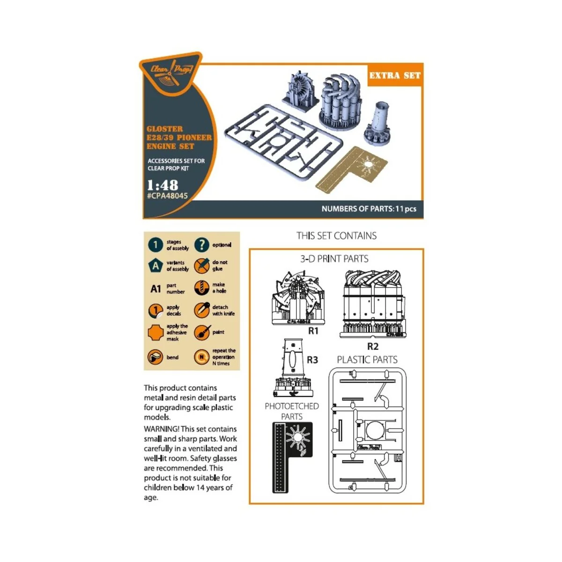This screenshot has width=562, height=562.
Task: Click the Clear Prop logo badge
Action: (x=170, y=73)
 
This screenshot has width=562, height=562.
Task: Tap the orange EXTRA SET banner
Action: (x=395, y=75)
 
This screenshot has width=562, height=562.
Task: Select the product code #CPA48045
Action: (x=167, y=196)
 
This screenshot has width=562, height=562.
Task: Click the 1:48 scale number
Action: (x=162, y=185)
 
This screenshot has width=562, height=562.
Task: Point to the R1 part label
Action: (x=313, y=331)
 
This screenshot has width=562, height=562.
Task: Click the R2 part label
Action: (x=372, y=347)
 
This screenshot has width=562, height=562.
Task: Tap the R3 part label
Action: (x=312, y=360)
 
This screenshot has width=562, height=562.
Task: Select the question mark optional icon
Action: (x=201, y=244)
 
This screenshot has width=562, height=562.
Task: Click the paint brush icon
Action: (x=201, y=333)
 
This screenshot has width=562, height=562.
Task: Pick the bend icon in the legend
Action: (x=155, y=357)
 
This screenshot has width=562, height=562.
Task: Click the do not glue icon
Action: (x=201, y=266)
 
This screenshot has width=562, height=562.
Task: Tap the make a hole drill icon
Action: (x=201, y=288)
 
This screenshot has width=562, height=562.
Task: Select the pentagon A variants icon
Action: (x=155, y=266)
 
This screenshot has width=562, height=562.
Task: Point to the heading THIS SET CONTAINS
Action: (x=336, y=236)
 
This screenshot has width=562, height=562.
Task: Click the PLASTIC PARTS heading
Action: (x=367, y=360)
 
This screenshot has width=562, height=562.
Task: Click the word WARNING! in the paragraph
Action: (x=161, y=429)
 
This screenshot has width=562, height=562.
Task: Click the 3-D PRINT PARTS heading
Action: (x=334, y=259)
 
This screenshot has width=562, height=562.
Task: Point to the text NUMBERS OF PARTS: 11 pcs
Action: (x=369, y=209)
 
